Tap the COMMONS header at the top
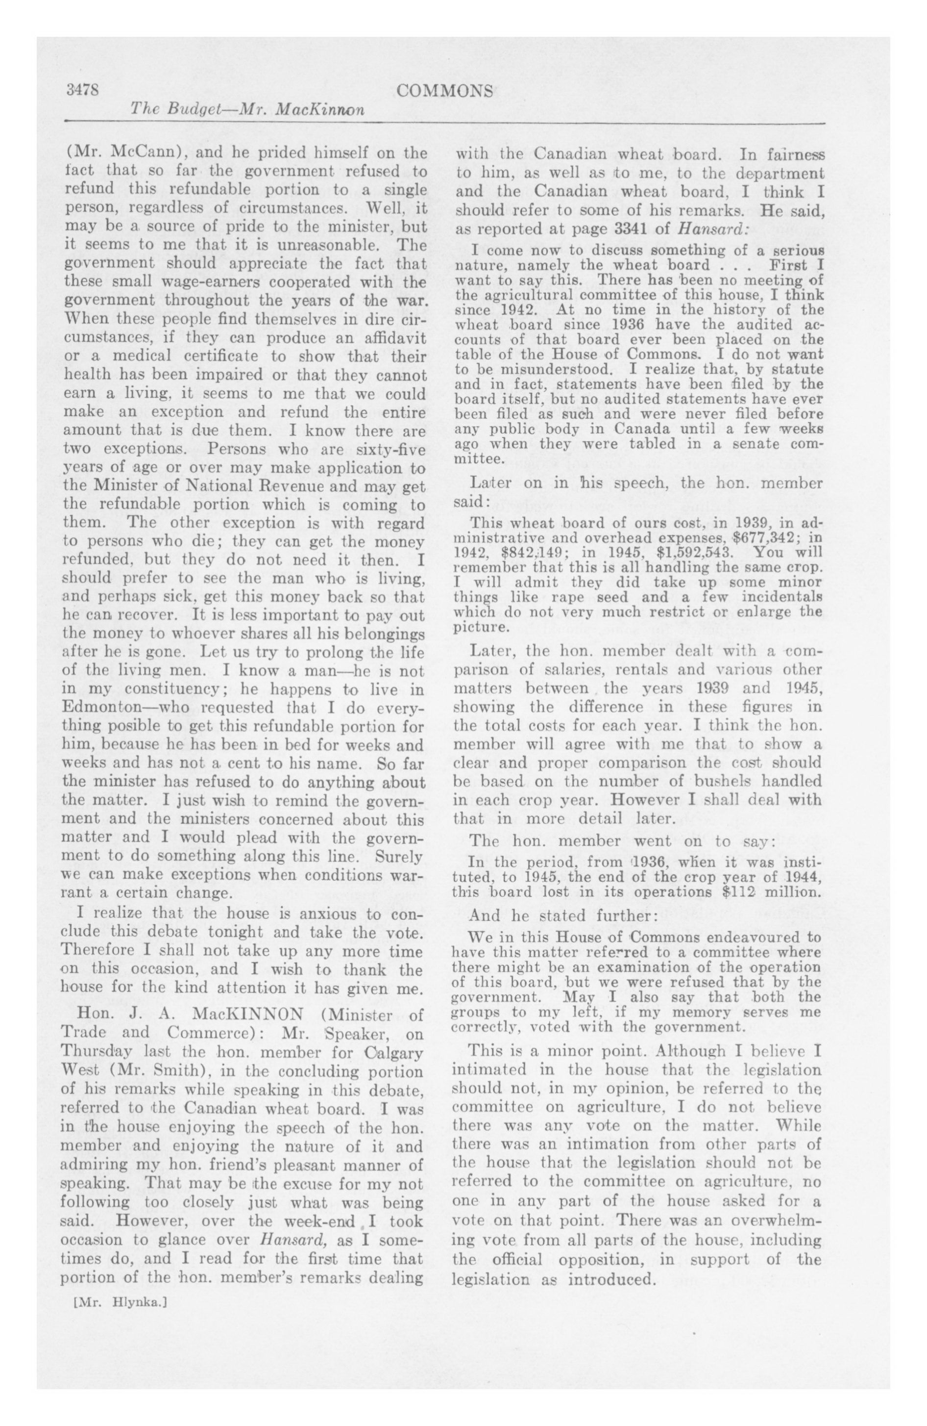click(x=445, y=91)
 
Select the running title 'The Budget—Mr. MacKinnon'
click(x=247, y=110)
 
